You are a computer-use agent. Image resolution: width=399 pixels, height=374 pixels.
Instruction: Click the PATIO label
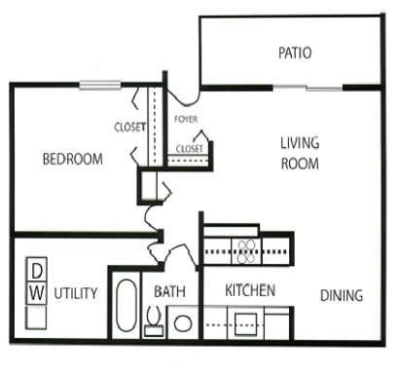point(294,53)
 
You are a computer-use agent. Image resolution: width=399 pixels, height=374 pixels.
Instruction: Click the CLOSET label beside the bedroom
point(129,126)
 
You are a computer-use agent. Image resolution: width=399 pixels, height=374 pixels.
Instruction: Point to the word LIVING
point(300,142)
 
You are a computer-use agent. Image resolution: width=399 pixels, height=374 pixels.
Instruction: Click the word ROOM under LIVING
point(300,164)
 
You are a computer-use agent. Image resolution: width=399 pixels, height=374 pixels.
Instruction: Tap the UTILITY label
point(75,292)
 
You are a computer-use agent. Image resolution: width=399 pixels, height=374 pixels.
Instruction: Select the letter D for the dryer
point(35,270)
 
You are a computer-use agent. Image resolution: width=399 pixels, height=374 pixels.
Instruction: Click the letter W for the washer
point(35,292)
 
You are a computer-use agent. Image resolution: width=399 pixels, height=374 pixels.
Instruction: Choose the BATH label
point(170,291)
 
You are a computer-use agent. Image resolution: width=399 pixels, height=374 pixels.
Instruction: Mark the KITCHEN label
point(249,290)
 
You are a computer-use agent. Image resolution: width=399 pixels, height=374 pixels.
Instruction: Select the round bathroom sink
point(182,321)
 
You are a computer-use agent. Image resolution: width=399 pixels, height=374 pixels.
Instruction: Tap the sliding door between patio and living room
point(307,89)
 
